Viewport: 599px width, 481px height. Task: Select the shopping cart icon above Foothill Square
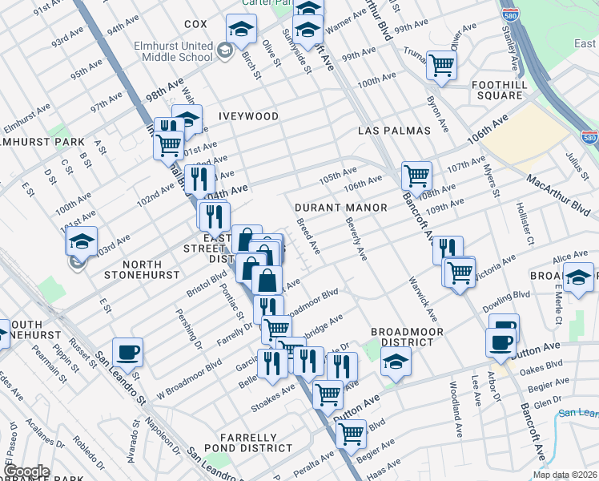click(x=440, y=66)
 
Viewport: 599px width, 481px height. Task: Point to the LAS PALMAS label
click(x=395, y=131)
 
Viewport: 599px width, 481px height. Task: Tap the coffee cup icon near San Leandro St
click(x=127, y=352)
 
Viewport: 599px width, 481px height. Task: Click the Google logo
click(x=26, y=471)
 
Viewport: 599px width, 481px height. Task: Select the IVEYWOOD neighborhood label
click(x=248, y=116)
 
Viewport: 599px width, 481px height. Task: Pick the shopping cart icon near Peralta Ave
click(x=352, y=434)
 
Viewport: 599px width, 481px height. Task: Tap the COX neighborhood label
click(x=195, y=25)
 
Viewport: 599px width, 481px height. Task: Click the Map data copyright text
click(x=565, y=475)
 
